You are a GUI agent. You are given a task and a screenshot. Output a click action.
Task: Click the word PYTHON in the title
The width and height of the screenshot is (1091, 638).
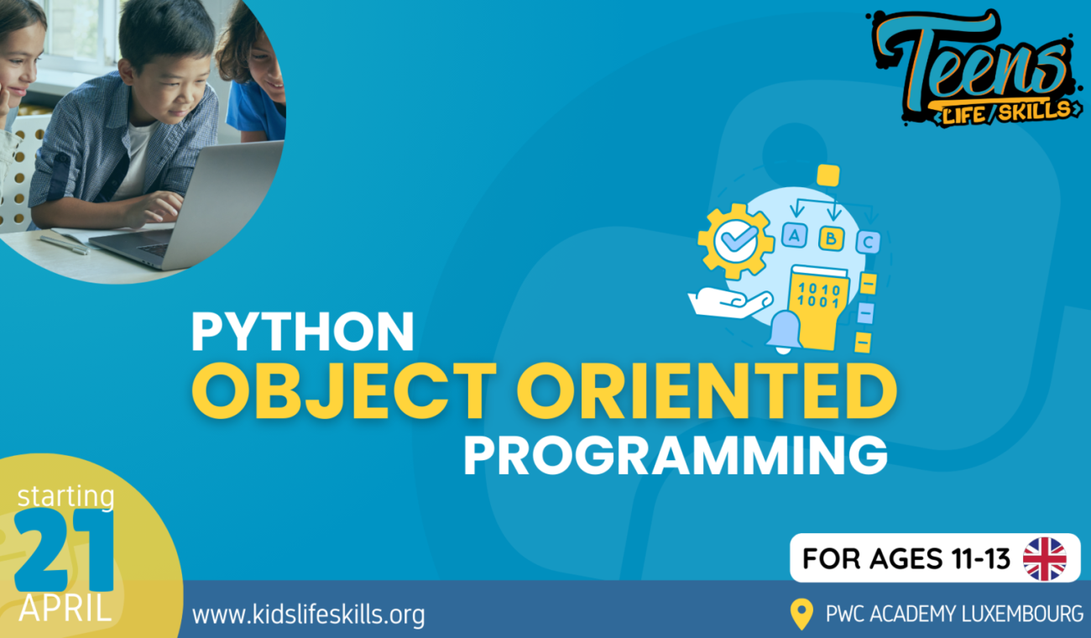point(303,332)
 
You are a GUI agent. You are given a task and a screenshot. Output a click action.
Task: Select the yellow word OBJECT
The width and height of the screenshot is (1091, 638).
point(344,391)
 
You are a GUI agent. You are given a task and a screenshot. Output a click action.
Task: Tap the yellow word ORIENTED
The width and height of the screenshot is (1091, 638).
point(707,391)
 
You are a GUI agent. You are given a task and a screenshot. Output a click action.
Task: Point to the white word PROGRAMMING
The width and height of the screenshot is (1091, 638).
point(676,455)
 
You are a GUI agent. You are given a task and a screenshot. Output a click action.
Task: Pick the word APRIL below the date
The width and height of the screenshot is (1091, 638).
point(65,609)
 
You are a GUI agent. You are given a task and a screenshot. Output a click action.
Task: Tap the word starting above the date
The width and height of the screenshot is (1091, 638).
point(65,497)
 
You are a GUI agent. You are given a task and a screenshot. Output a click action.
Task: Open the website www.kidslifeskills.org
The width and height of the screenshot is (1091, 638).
point(308,614)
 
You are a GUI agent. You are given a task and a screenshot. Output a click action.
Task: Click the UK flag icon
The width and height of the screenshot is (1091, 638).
point(1045,558)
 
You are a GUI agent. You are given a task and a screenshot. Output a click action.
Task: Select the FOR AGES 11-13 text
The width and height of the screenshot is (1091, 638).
point(906,558)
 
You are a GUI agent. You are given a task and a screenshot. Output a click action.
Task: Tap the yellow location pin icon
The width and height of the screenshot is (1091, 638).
point(801,614)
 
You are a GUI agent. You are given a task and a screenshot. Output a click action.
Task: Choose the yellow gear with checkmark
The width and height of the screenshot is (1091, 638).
point(736,241)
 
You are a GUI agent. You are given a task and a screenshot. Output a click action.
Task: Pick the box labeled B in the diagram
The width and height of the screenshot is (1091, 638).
point(831,238)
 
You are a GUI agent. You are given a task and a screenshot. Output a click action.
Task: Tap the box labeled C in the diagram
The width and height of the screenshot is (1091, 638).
point(868,242)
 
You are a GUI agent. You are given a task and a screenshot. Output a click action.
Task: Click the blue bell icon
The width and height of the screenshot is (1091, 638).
point(784,332)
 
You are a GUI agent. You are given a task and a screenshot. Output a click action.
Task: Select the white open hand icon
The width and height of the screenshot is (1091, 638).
point(729,302)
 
